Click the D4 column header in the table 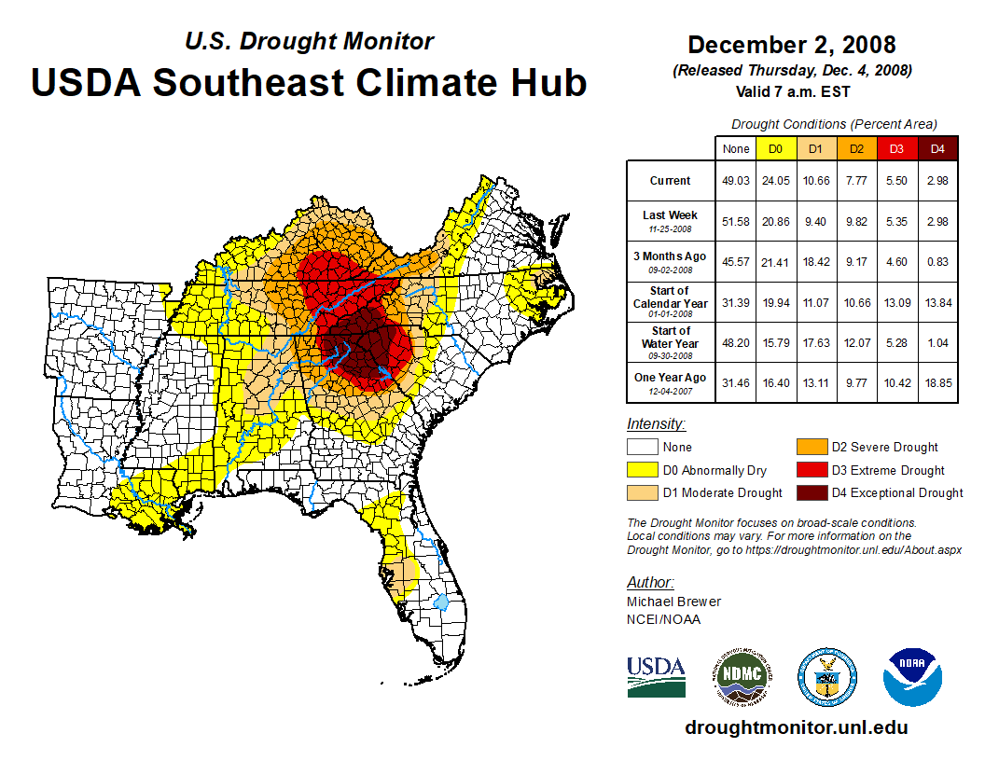pos(937,149)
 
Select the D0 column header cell pos(774,149)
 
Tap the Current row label pos(671,181)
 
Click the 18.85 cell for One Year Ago pos(937,378)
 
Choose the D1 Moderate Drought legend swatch pos(643,492)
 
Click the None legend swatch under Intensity pos(643,448)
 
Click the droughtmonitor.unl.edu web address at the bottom pos(796,727)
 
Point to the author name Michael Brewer pos(673,602)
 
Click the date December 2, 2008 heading pos(791,45)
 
